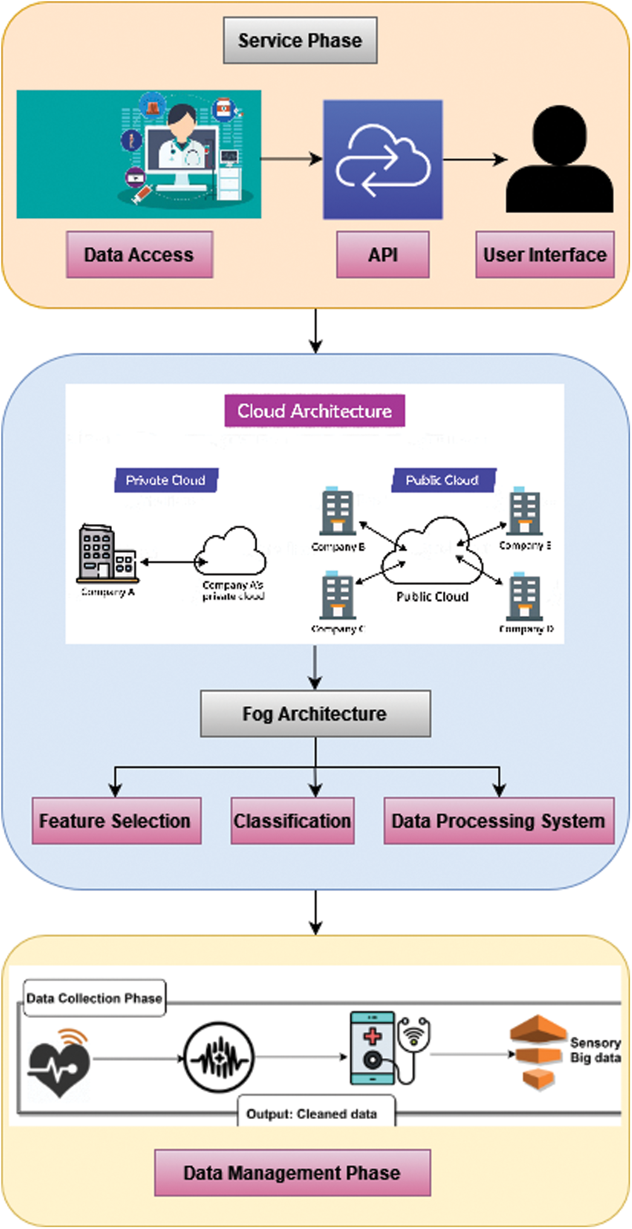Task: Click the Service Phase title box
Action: (300, 40)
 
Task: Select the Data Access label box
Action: (139, 254)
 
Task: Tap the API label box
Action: (382, 254)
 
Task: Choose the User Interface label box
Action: (544, 254)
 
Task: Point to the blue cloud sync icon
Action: (382, 160)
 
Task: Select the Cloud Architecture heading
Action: (314, 411)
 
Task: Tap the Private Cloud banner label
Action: (166, 480)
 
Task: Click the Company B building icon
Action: (337, 512)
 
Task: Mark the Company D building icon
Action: (525, 597)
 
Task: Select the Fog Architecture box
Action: (315, 714)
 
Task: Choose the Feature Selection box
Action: (116, 821)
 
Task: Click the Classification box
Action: (292, 821)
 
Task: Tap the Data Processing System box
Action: (499, 821)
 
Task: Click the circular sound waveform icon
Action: (219, 1057)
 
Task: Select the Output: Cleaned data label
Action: (312, 1114)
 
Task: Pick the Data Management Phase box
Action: (292, 1173)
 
